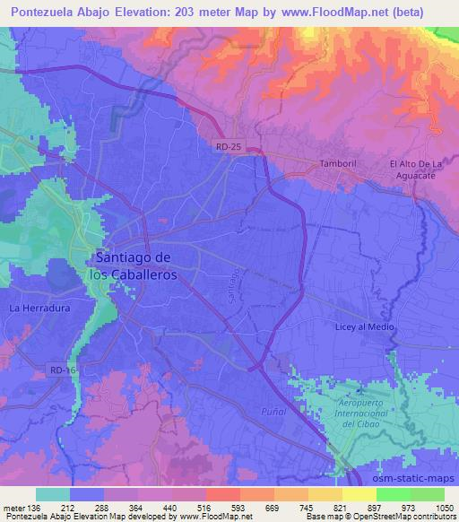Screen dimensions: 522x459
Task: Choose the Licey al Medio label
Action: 365,326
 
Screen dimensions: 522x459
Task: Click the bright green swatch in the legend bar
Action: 394,494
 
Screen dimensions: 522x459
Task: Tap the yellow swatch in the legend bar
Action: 359,494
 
